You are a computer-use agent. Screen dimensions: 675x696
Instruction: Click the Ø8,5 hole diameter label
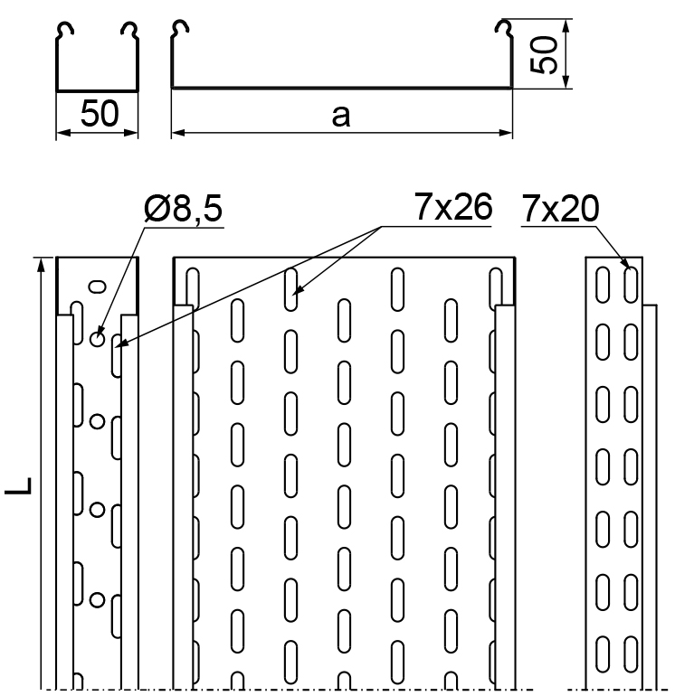tap(183, 209)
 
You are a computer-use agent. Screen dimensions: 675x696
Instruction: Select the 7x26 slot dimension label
tap(453, 206)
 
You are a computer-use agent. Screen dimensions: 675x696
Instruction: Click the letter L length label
tap(19, 485)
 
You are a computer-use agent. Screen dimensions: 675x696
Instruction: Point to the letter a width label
tap(341, 116)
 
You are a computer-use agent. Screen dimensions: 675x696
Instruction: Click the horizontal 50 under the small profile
tap(100, 114)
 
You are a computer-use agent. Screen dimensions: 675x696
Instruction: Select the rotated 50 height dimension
tap(544, 54)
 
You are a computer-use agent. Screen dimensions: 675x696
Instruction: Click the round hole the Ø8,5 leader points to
tap(98, 339)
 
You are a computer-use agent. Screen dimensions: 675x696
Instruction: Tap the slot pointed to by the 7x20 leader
tap(631, 285)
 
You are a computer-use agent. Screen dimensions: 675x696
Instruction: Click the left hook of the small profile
tap(64, 29)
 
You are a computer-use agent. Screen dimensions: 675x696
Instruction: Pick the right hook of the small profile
tap(129, 29)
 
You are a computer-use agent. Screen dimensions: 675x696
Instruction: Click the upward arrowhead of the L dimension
tap(41, 264)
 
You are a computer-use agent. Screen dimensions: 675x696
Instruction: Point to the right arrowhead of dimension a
tap(506, 132)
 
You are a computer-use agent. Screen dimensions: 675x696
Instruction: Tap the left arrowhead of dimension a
tap(178, 132)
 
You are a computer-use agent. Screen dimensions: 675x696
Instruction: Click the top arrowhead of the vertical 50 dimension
tap(566, 26)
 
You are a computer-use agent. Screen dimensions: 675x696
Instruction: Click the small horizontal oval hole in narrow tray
tap(98, 287)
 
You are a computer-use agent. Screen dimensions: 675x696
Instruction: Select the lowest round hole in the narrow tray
tap(98, 599)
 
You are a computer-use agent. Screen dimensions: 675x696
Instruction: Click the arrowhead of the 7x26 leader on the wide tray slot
tap(298, 290)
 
